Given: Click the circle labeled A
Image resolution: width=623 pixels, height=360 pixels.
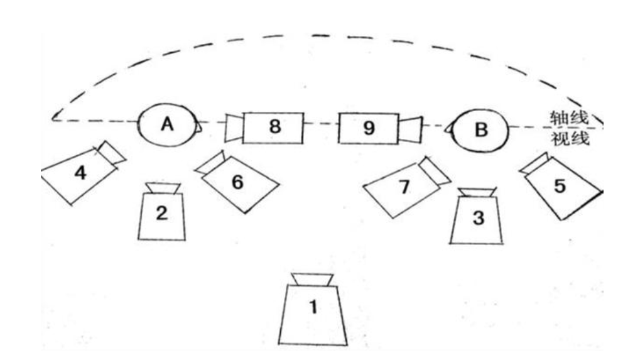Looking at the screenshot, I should tap(167, 125).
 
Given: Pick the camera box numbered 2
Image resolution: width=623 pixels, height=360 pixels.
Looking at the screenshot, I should tap(162, 215).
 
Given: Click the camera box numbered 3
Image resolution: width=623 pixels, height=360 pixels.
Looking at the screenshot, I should tap(478, 219).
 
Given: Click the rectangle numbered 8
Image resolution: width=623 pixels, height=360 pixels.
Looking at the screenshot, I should tap(273, 127).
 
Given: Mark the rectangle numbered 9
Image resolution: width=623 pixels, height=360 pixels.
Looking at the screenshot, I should tap(369, 128).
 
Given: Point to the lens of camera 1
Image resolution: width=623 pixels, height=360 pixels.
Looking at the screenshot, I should tap(312, 279).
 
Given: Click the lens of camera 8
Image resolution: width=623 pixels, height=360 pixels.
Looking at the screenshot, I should tap(234, 128).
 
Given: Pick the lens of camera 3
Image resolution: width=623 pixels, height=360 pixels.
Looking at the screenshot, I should tap(477, 192).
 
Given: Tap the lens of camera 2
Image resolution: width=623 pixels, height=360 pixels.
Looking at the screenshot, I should tap(163, 188).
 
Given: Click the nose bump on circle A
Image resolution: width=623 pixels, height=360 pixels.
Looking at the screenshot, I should tap(199, 127).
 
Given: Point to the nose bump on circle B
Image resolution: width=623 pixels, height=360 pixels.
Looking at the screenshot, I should tap(450, 129).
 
